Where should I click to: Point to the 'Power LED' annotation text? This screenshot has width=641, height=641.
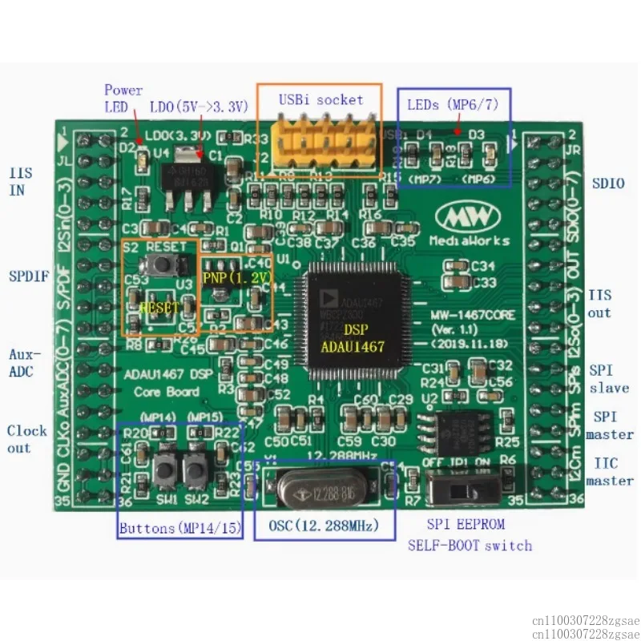[123, 98]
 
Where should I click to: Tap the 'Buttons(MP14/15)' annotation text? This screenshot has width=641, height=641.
[180, 528]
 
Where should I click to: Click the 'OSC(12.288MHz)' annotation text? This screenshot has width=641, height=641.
[316, 526]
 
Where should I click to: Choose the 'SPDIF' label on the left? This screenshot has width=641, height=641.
[29, 277]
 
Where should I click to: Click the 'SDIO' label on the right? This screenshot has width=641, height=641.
[608, 183]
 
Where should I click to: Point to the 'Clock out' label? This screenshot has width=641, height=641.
[28, 438]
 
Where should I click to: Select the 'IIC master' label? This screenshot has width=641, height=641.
[610, 472]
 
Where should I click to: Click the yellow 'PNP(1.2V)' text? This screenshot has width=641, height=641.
[236, 278]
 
